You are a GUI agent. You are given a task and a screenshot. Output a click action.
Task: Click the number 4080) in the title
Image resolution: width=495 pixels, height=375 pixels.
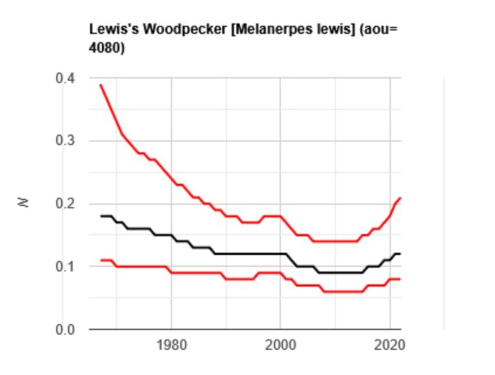[x=106, y=48]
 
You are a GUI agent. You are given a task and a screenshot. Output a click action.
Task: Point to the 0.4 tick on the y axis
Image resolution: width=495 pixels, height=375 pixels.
[x=66, y=78]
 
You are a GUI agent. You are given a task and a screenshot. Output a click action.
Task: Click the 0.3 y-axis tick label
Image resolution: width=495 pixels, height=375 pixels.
[x=66, y=141]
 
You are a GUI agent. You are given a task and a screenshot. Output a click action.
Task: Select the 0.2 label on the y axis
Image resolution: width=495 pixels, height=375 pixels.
[x=66, y=204]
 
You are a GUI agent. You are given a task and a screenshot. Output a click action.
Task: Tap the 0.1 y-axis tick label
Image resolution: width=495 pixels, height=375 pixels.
[x=66, y=267]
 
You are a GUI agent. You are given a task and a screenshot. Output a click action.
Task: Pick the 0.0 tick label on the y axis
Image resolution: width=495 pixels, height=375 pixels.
[x=66, y=330]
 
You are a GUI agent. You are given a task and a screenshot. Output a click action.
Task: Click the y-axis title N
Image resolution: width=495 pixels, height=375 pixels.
[x=24, y=203]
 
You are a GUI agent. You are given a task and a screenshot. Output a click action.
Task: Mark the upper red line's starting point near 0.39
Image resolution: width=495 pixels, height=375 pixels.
[x=101, y=85]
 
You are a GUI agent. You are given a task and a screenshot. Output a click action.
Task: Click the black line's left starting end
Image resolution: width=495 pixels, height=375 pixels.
[x=101, y=216]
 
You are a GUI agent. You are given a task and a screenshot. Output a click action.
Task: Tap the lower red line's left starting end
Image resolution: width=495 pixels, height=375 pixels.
[x=101, y=260]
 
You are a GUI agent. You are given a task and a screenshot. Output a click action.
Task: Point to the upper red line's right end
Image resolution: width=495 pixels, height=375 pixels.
[x=400, y=198]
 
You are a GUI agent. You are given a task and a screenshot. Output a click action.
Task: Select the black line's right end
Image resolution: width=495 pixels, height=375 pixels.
[x=400, y=254]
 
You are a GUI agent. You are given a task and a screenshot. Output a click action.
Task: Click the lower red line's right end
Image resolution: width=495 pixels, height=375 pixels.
[x=400, y=279]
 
